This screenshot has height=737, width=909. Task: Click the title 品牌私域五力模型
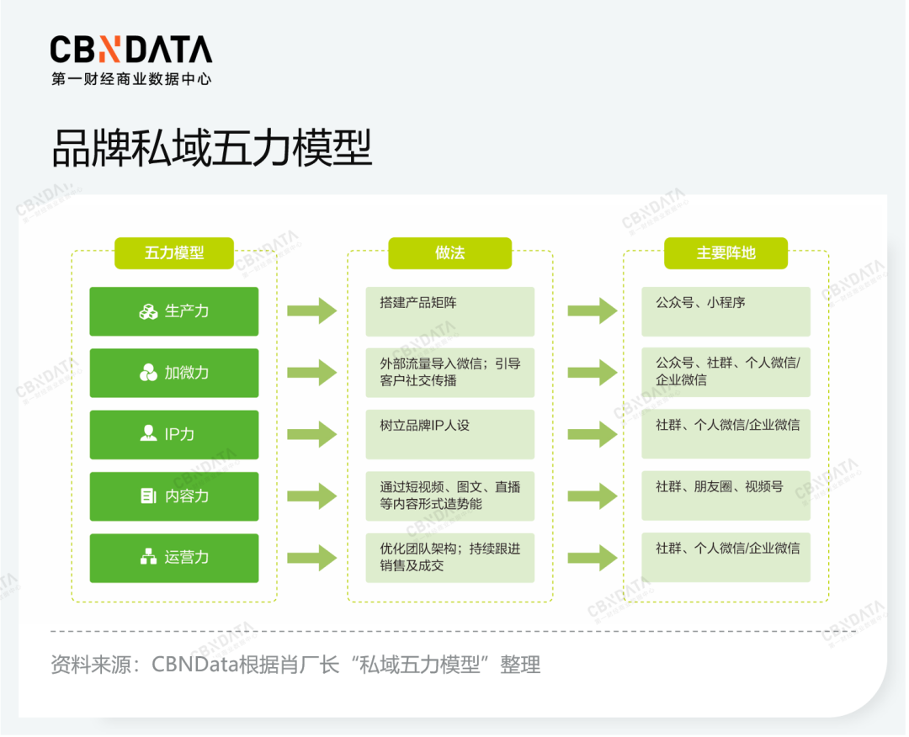pyautogui.click(x=211, y=150)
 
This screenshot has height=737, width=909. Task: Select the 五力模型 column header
pyautogui.click(x=174, y=253)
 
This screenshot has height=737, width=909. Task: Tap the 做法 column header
pyautogui.click(x=449, y=253)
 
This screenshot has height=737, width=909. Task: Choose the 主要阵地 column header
pyautogui.click(x=726, y=253)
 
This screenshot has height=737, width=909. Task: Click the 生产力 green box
pyautogui.click(x=174, y=311)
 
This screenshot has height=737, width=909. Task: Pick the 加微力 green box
pyautogui.click(x=174, y=373)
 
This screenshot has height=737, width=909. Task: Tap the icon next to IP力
pyautogui.click(x=148, y=434)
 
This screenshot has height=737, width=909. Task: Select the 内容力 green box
pyautogui.click(x=174, y=496)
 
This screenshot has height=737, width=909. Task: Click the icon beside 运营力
pyautogui.click(x=148, y=557)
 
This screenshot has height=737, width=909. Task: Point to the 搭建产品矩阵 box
pyautogui.click(x=449, y=311)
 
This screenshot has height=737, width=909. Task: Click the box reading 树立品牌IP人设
pyautogui.click(x=449, y=434)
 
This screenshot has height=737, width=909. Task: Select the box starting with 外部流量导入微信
pyautogui.click(x=449, y=373)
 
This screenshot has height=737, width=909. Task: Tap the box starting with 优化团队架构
pyautogui.click(x=449, y=557)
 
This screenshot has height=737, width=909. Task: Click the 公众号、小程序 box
pyautogui.click(x=726, y=311)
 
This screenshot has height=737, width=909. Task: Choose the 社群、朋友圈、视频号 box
pyautogui.click(x=726, y=496)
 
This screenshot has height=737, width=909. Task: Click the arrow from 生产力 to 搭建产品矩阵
pyautogui.click(x=311, y=311)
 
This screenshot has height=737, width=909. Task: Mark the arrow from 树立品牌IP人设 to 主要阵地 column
pyautogui.click(x=592, y=434)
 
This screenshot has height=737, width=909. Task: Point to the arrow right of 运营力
pyautogui.click(x=311, y=557)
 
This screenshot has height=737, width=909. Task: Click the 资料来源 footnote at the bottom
pyautogui.click(x=295, y=665)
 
